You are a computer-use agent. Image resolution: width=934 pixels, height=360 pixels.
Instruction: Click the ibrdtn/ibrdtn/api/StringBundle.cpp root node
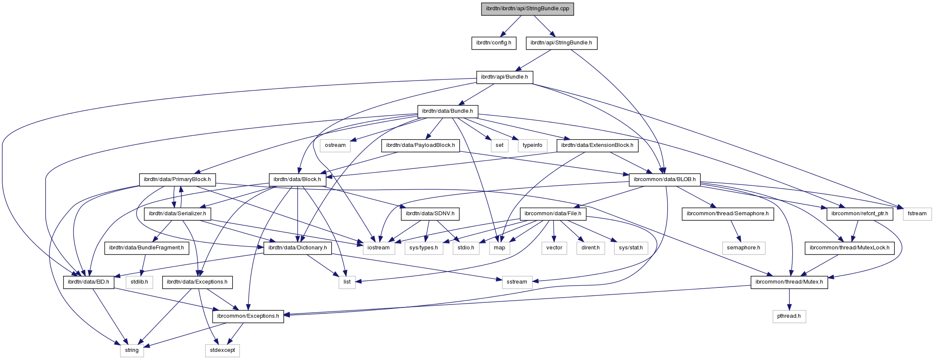(x=527, y=9)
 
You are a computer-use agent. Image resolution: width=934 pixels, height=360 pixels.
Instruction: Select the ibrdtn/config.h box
(x=493, y=43)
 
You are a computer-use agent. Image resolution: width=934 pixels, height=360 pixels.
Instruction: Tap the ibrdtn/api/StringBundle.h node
(x=561, y=43)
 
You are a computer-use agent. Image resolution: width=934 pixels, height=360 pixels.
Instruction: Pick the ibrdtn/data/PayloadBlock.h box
(x=420, y=145)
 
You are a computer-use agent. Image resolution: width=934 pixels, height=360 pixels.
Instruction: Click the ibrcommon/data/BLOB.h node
(x=665, y=179)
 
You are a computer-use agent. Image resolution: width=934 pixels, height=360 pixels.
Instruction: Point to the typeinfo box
(x=532, y=145)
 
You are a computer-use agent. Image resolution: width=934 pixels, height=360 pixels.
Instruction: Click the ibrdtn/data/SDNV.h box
(x=430, y=214)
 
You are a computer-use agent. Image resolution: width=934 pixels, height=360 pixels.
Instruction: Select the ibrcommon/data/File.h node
(x=553, y=214)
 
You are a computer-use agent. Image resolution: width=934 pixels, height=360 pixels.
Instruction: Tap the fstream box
(x=917, y=214)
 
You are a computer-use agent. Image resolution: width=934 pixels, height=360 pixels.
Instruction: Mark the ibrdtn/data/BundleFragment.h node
(x=146, y=248)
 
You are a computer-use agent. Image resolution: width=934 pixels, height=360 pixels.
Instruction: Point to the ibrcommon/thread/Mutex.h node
(x=789, y=282)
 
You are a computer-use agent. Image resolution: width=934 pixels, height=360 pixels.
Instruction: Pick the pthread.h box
(x=789, y=316)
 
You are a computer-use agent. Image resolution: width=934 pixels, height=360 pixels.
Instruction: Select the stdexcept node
(x=222, y=350)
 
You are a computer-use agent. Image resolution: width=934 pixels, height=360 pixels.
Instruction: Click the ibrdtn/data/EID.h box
(x=89, y=282)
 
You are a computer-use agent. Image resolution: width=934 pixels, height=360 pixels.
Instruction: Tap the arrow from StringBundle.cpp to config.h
(x=511, y=26)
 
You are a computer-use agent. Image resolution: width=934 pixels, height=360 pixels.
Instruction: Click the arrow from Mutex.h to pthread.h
(x=789, y=299)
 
